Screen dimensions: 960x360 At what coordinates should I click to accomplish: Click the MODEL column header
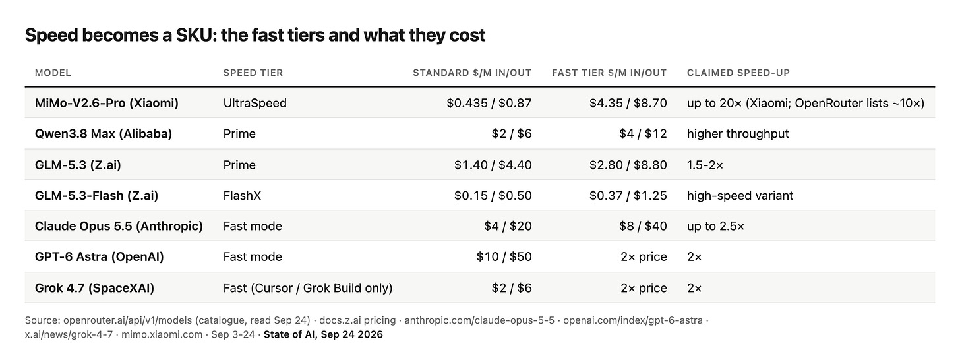[53, 73]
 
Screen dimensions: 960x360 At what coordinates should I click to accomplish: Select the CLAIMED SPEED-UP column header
[738, 73]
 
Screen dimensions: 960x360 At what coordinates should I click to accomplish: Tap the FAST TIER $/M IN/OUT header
[609, 73]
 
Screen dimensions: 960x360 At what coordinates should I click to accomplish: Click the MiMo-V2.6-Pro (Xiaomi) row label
[107, 104]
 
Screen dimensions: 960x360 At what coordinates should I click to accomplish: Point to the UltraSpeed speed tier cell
[255, 104]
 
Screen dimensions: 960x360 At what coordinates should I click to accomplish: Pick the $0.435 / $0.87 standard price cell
[489, 104]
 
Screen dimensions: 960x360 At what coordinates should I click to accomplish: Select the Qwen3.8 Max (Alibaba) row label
[104, 134]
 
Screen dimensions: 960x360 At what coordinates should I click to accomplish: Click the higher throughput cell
[738, 134]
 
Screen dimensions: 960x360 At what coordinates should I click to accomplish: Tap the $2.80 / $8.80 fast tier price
[628, 165]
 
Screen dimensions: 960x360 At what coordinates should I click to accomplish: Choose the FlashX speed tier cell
[242, 196]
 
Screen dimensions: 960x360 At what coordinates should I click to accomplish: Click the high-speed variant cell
[740, 196]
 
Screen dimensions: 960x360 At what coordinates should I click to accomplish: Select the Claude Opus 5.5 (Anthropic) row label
[119, 226]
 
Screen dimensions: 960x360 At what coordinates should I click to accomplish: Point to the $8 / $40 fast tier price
[643, 226]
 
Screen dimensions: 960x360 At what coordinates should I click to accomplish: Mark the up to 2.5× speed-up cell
[715, 226]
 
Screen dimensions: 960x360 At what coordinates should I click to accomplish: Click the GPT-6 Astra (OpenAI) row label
[100, 256]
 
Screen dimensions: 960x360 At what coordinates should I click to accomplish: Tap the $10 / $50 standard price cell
[504, 256]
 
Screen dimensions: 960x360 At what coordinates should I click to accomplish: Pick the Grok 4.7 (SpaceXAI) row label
[94, 288]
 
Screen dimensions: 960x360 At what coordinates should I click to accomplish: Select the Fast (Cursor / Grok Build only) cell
[308, 288]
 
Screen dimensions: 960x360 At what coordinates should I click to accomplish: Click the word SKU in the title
[194, 35]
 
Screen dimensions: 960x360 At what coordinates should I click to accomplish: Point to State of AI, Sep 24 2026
[323, 334]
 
